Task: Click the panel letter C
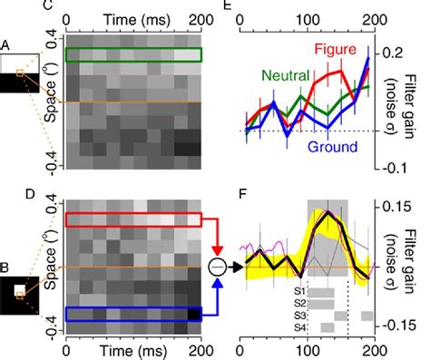48,7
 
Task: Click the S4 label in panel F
298,326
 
